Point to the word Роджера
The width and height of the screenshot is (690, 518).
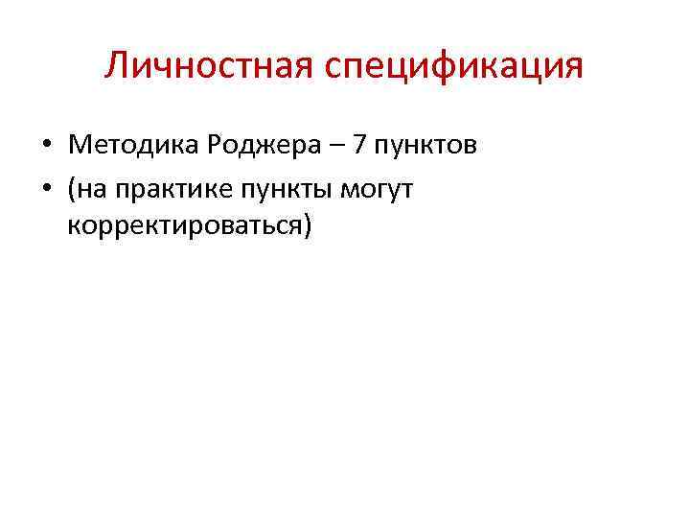254,147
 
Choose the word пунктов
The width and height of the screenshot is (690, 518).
427,148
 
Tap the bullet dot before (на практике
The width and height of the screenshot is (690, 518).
46,189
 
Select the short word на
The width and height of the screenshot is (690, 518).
90,189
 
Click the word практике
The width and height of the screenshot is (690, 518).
163,189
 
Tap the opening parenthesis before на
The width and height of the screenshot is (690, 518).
72,189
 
